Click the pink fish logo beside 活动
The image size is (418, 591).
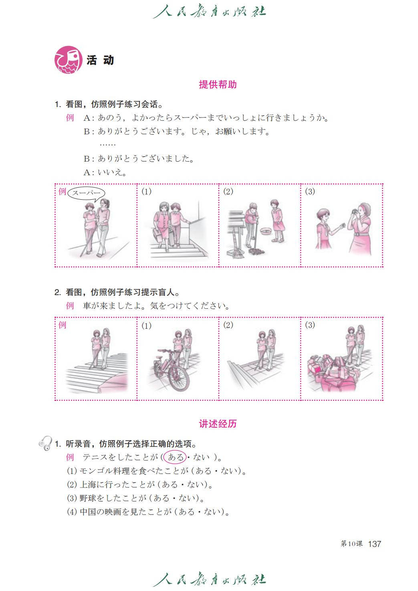(68, 60)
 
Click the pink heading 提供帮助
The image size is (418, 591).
(218, 85)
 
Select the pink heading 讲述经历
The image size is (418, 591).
(218, 423)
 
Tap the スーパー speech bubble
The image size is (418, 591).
(86, 193)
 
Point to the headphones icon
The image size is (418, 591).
(45, 443)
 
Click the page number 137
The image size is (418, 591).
(374, 542)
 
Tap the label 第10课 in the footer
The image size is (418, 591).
(351, 542)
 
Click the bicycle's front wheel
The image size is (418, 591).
(179, 377)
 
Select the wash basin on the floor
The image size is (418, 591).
(266, 231)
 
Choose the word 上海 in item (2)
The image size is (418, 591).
(88, 485)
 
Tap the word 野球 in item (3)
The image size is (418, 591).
(88, 498)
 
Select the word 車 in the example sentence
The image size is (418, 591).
(87, 306)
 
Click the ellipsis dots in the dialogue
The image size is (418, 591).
(107, 145)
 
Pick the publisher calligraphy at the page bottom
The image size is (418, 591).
(209, 579)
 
